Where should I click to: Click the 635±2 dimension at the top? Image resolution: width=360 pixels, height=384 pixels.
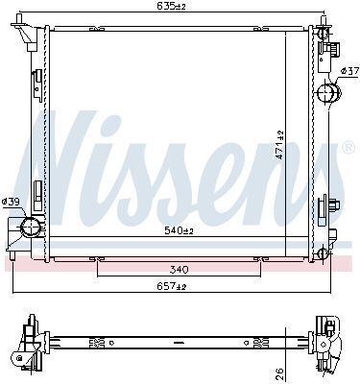171,6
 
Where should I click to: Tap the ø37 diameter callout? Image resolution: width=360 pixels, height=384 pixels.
349,71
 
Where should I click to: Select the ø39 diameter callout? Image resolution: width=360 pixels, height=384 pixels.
11,202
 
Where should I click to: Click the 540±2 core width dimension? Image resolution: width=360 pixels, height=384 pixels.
180,230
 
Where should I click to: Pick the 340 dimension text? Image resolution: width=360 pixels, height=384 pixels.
179,270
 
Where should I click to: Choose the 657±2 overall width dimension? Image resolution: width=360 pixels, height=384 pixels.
172,286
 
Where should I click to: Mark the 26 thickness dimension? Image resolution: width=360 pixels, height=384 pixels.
279,372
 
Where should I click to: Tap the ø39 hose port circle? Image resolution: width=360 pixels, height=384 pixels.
30,227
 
